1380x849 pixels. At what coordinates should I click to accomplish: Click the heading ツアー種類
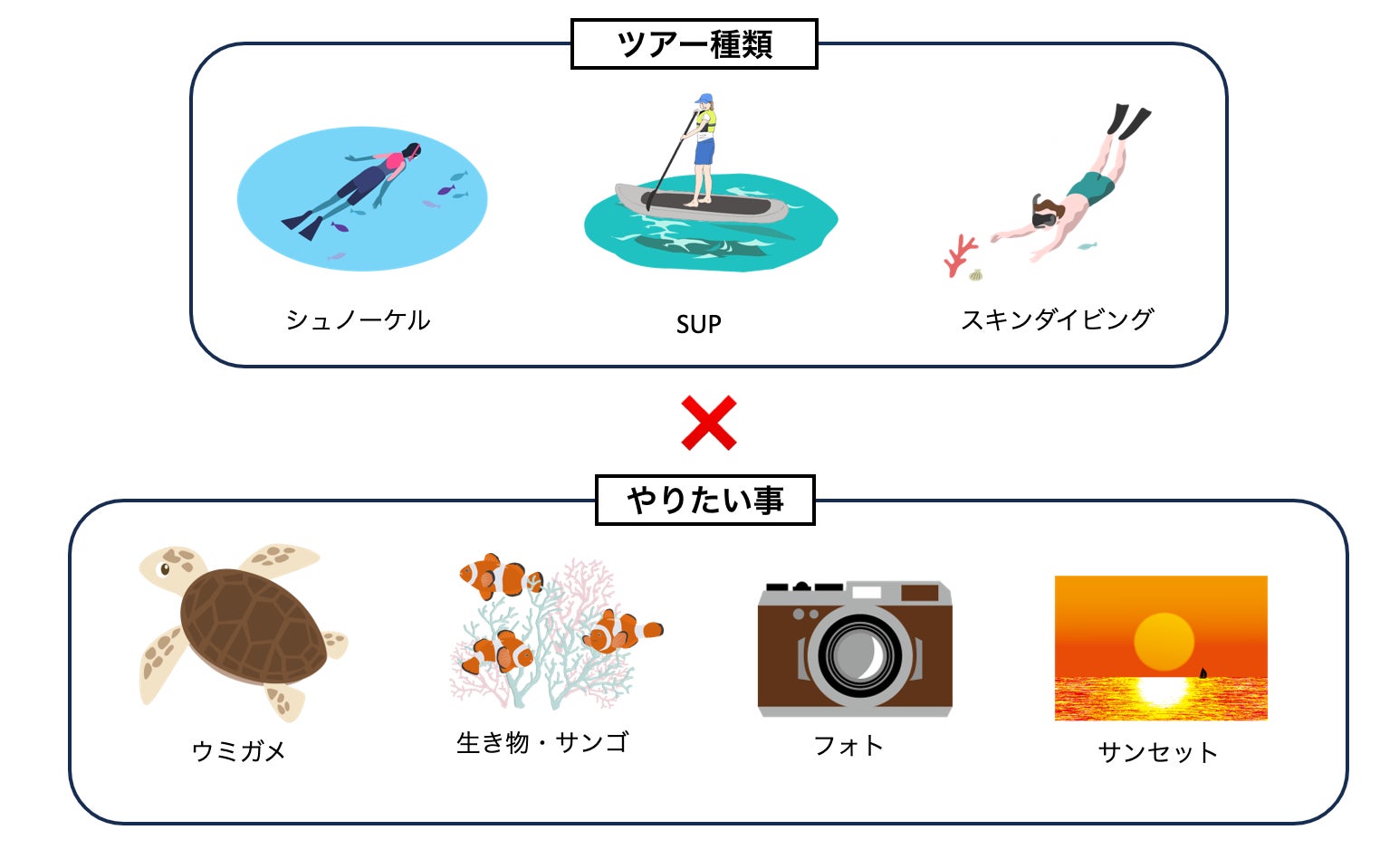(694, 44)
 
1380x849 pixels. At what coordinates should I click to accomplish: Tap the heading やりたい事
(704, 500)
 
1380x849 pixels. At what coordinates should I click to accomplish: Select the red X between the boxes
(708, 423)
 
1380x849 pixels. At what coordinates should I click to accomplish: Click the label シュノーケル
(358, 320)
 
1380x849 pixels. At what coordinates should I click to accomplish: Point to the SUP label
(698, 324)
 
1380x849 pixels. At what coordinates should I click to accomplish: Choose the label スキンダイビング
(1057, 320)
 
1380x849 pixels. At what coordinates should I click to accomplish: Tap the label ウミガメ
(239, 750)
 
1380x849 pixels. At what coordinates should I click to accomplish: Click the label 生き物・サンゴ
(541, 742)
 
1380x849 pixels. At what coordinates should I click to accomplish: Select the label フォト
(848, 745)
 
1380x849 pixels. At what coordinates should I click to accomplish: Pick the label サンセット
(1157, 751)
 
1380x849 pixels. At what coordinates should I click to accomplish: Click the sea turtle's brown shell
(252, 625)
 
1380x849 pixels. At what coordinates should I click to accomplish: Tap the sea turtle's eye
(165, 569)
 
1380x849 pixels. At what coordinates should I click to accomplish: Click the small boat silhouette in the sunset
(1203, 673)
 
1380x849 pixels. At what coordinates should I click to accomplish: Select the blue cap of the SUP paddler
(704, 99)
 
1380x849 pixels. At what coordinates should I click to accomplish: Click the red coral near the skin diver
(959, 255)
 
